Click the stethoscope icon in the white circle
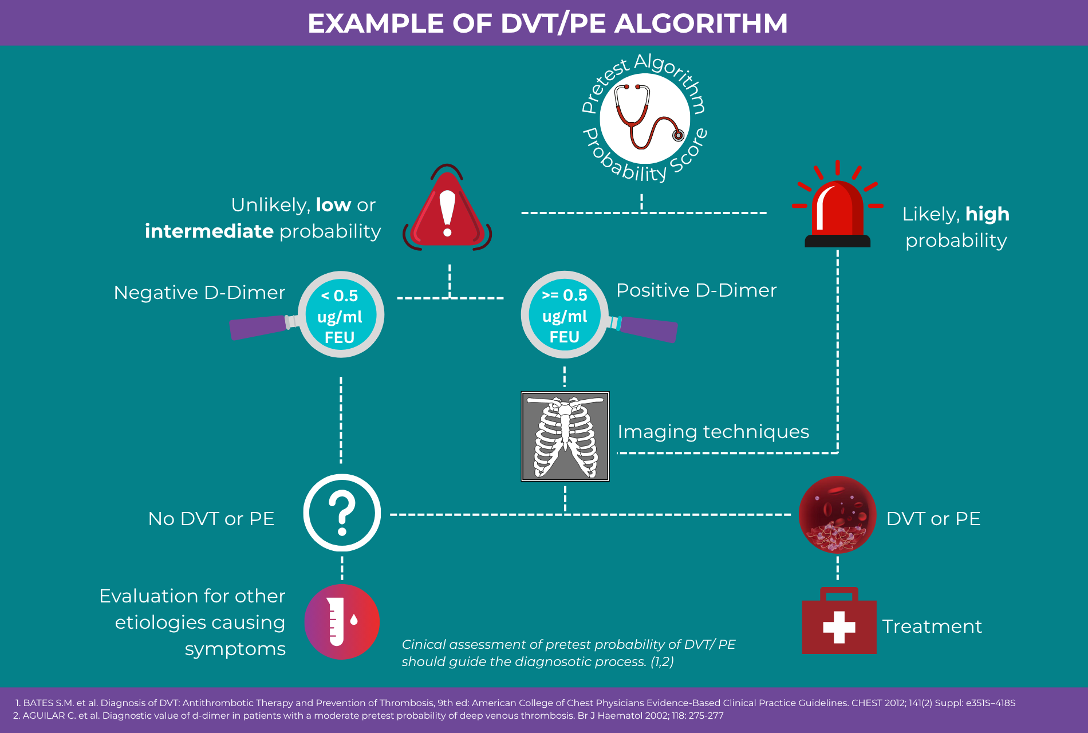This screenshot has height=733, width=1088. click(x=645, y=119)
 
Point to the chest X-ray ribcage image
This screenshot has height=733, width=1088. click(x=565, y=436)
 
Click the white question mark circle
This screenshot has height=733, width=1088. click(x=342, y=513)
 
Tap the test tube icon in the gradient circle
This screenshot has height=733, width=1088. click(x=342, y=621)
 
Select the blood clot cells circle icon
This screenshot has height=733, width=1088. click(x=837, y=514)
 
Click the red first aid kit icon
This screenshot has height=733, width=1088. click(x=839, y=622)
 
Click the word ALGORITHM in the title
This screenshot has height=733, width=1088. click(x=701, y=23)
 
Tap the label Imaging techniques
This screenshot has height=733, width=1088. click(x=713, y=432)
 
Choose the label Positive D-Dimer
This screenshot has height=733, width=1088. click(x=696, y=290)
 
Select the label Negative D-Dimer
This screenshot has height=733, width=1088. click(x=199, y=293)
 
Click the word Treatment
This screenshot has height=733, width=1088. click(x=932, y=626)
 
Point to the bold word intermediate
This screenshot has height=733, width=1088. click(x=209, y=231)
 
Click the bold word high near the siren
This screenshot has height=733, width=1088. click(x=987, y=214)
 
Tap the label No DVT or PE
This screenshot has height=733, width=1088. click(x=211, y=519)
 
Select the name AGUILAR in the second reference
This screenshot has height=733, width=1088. click(x=44, y=715)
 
